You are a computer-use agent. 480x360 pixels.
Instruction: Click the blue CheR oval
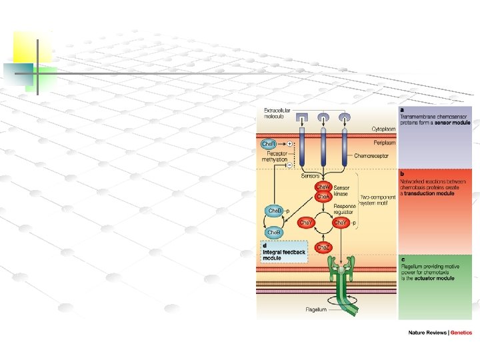pyautogui.click(x=269, y=144)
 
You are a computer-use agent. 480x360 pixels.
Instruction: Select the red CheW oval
pyautogui.click(x=323, y=188)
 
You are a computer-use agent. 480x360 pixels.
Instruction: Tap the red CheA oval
pyautogui.click(x=323, y=197)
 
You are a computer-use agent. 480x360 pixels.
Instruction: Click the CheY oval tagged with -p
pyautogui.click(x=341, y=222)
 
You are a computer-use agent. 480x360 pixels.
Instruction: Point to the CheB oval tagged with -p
pyautogui.click(x=274, y=211)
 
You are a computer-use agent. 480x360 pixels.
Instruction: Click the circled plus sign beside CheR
pyautogui.click(x=290, y=144)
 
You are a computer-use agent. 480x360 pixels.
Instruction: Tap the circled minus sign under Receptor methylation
pyautogui.click(x=290, y=165)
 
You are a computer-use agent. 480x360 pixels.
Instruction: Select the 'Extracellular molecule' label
pyautogui.click(x=273, y=113)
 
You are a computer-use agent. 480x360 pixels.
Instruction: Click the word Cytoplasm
pyautogui.click(x=383, y=129)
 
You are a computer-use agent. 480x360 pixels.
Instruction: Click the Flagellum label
pyautogui.click(x=316, y=310)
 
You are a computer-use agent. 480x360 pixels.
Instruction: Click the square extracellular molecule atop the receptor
pyautogui.click(x=301, y=118)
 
